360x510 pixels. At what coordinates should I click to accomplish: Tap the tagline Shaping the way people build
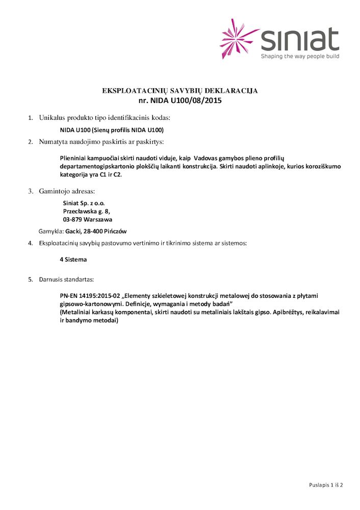(300, 57)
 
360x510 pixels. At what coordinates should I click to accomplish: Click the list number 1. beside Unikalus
(30, 118)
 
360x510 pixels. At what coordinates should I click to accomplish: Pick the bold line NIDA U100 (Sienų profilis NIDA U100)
(112, 130)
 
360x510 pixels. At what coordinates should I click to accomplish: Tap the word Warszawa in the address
(101, 219)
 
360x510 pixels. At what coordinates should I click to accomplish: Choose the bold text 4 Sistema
(73, 260)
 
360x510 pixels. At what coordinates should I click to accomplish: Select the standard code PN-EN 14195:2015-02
(90, 296)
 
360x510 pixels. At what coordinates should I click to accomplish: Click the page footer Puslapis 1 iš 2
(326, 484)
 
